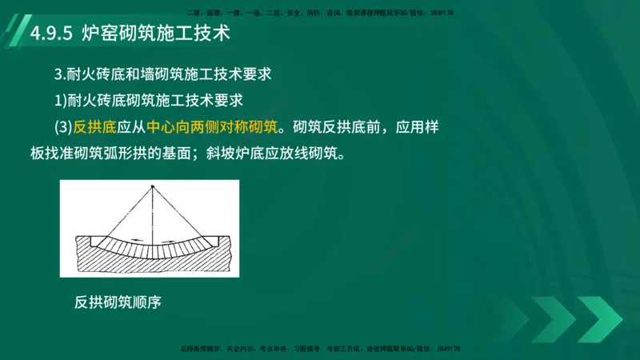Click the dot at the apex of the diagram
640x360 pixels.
coord(152,187)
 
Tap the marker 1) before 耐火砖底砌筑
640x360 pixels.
coord(59,101)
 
